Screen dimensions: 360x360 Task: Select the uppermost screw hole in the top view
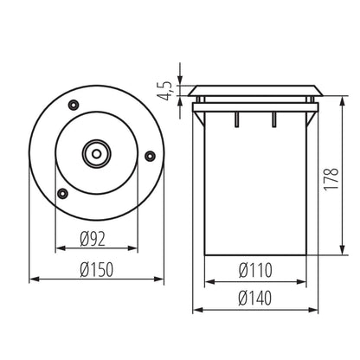pos(73,104)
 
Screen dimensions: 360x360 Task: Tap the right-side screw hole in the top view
pos(149,157)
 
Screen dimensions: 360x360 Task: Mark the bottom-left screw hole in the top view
pos(61,193)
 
